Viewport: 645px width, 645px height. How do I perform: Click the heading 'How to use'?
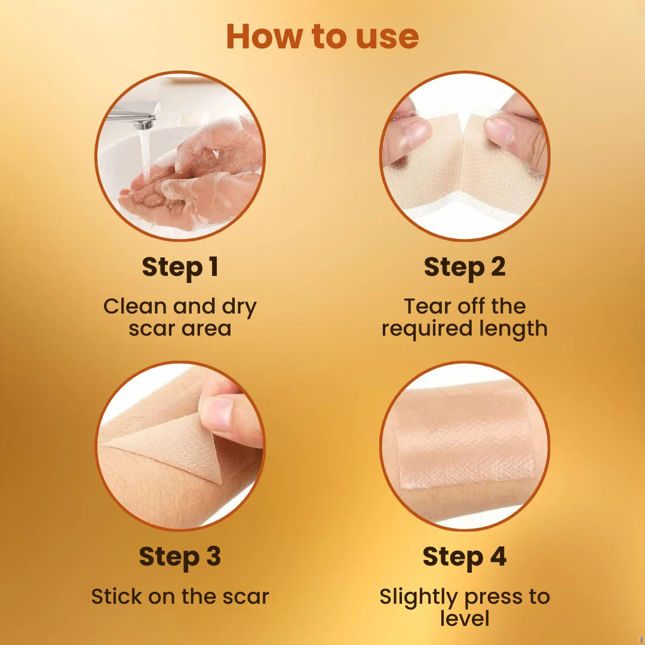pyautogui.click(x=322, y=36)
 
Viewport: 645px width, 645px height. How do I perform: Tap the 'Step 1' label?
pyautogui.click(x=180, y=268)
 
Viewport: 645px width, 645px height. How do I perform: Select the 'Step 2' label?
pyautogui.click(x=465, y=268)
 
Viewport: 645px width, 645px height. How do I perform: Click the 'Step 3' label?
pyautogui.click(x=180, y=557)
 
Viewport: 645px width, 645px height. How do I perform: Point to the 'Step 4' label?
pyautogui.click(x=465, y=557)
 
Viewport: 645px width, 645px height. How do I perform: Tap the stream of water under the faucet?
pyautogui.click(x=145, y=154)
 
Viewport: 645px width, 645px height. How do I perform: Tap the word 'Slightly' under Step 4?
pyautogui.click(x=418, y=597)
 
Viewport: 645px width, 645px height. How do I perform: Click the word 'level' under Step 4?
pyautogui.click(x=465, y=618)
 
